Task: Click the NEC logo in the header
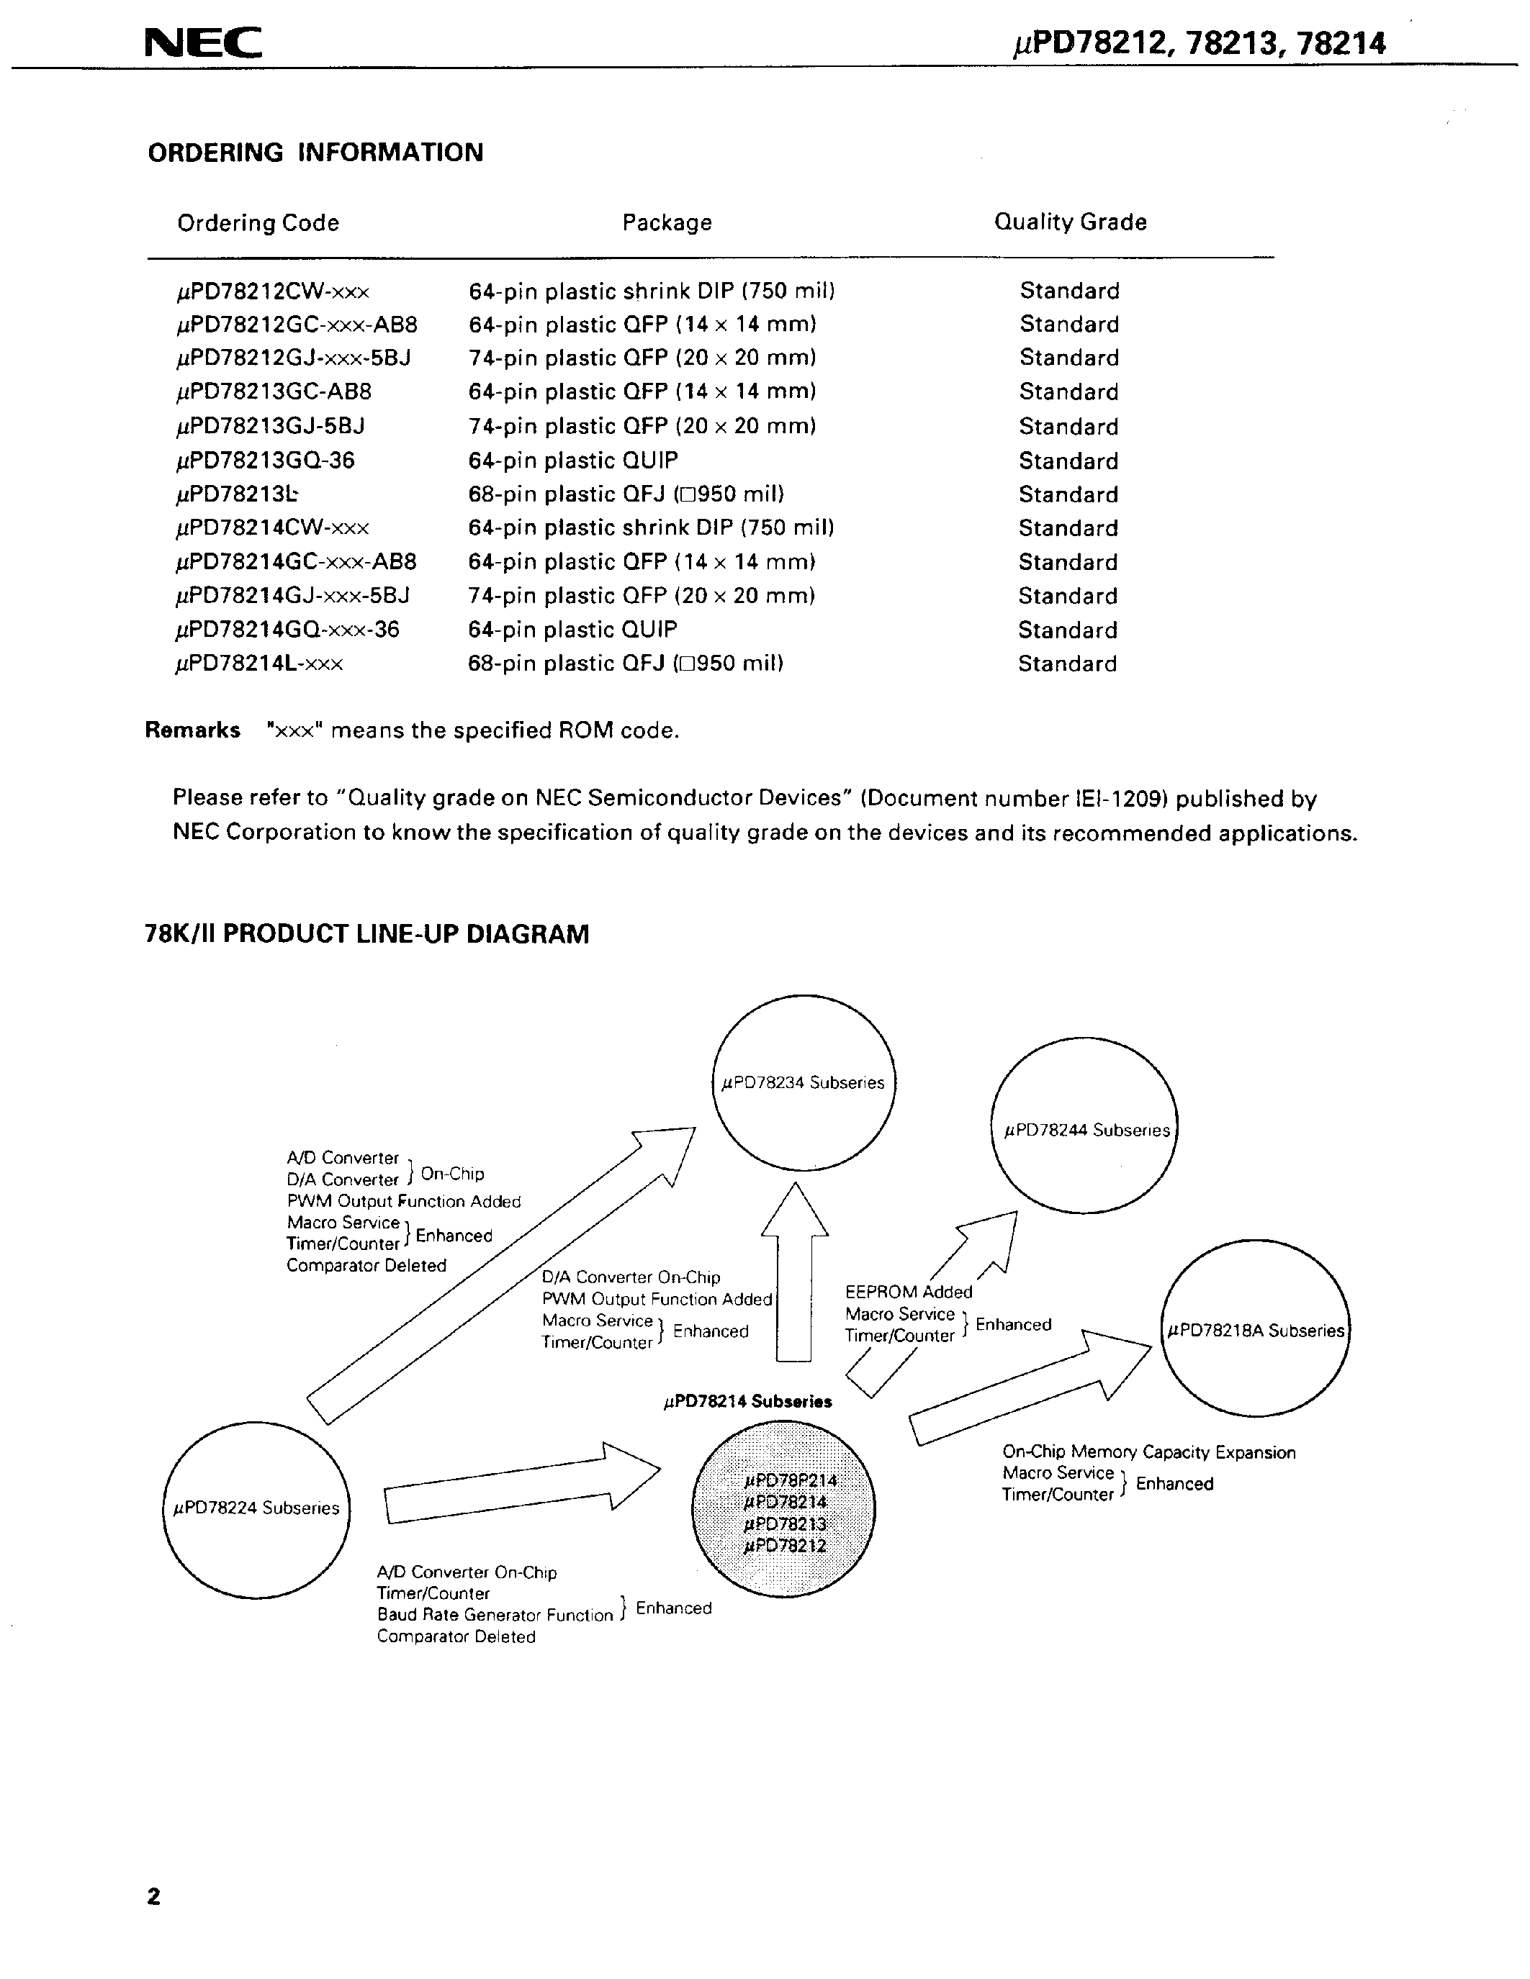click(x=203, y=42)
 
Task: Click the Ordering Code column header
click(x=258, y=223)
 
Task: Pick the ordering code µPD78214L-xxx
click(x=259, y=664)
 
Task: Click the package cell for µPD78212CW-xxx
click(x=651, y=291)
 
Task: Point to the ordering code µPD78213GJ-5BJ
click(x=270, y=426)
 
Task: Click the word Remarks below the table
click(x=192, y=730)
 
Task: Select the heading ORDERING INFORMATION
click(x=315, y=153)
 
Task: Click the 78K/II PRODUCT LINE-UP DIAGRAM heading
click(x=366, y=934)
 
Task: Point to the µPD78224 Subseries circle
click(x=256, y=1508)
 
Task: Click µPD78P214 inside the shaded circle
click(x=788, y=1480)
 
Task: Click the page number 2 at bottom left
click(x=153, y=1896)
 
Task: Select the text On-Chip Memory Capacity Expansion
click(x=1148, y=1452)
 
